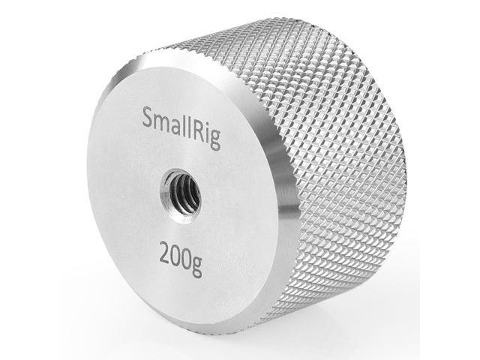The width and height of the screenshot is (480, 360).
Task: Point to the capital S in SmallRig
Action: (148, 118)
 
